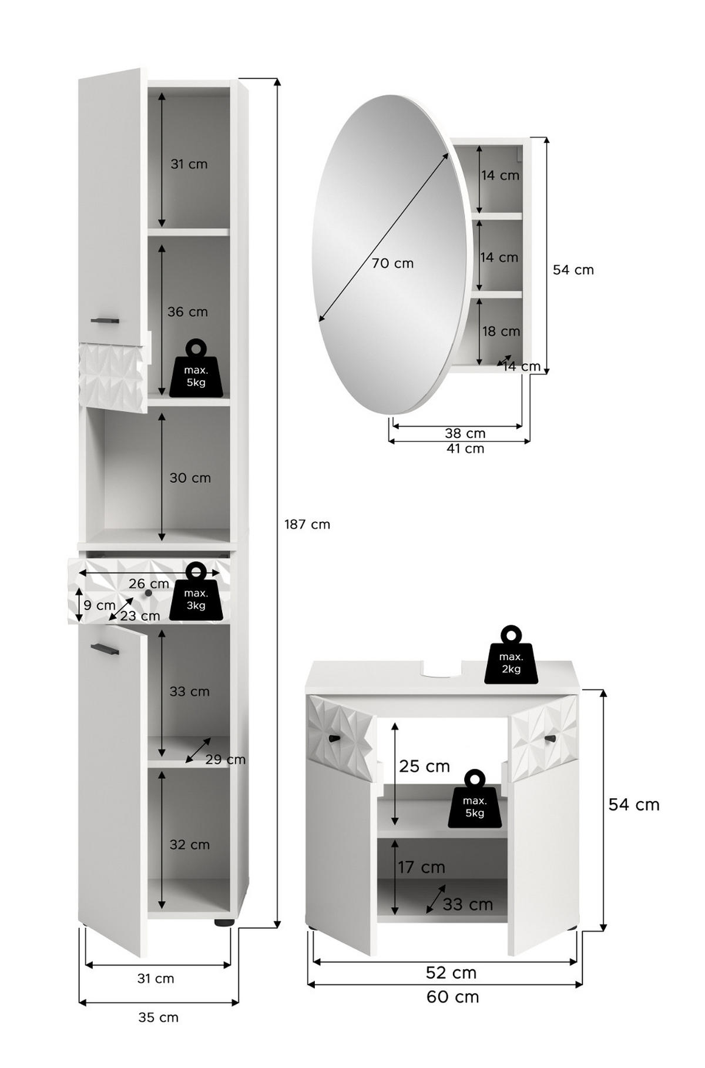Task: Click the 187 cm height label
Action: [307, 524]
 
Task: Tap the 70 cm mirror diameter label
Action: [392, 263]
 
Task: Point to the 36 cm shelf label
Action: [188, 312]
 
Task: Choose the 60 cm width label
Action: [453, 996]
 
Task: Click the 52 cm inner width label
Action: [451, 972]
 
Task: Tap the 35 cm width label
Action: [158, 1017]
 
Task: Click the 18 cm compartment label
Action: [501, 332]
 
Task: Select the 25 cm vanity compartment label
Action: [425, 766]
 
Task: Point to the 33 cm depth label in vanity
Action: [468, 904]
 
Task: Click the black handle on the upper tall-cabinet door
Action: [105, 320]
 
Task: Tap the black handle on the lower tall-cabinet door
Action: [105, 648]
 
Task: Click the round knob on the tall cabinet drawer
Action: [148, 593]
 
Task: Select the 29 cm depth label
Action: [226, 759]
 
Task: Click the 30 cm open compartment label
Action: [190, 478]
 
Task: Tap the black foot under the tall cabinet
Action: [223, 923]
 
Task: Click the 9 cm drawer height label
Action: [99, 605]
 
